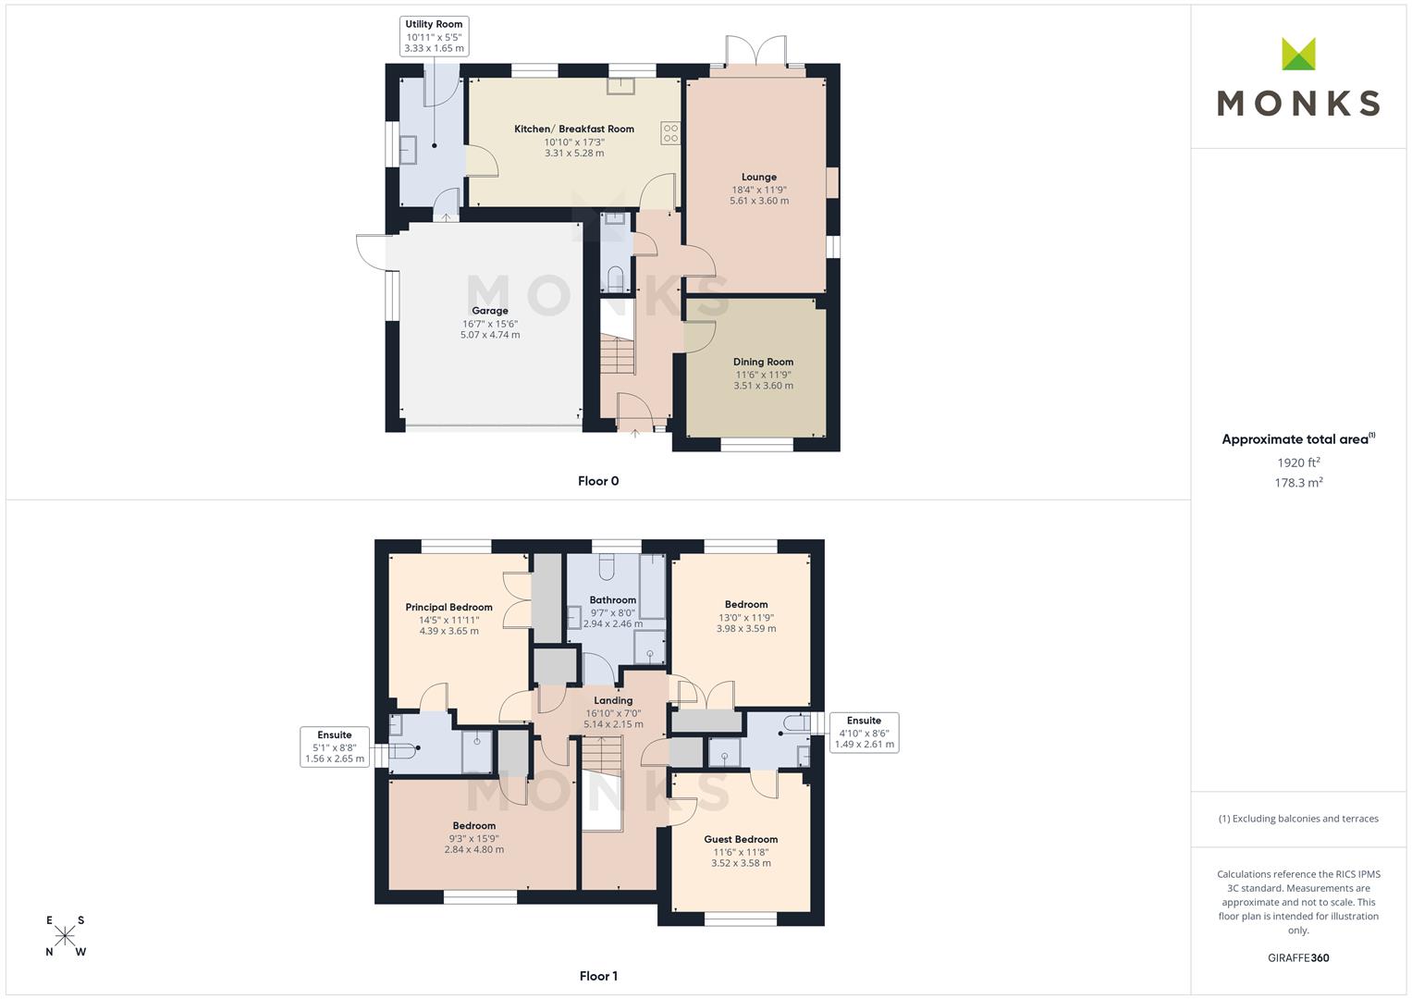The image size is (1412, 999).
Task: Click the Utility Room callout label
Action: pos(434,36)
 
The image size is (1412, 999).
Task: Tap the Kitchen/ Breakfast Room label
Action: pos(574,129)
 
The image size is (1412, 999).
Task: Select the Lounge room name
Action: pos(759,177)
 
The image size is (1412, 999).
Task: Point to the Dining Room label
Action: pos(763,362)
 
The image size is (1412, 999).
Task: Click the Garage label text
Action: pos(490,311)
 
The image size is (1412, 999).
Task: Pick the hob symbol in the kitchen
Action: pos(670,133)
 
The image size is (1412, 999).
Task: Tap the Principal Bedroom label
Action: pos(448,608)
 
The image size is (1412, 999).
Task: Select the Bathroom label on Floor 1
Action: pos(613,600)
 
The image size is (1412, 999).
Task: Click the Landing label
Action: pos(613,701)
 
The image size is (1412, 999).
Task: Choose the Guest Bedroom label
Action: pos(741,840)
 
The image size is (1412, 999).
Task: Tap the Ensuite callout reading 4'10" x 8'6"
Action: pos(864,733)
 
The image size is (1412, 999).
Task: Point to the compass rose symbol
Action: pos(66,936)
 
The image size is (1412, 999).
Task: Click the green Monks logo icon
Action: pos(1298,55)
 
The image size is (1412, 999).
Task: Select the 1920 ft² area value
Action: pos(1298,462)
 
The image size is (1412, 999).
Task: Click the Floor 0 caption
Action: pos(598,481)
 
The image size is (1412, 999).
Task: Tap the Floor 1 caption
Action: pos(598,976)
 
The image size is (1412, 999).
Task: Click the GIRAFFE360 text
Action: pos(1298,958)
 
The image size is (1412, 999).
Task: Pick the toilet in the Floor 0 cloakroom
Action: pos(616,278)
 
